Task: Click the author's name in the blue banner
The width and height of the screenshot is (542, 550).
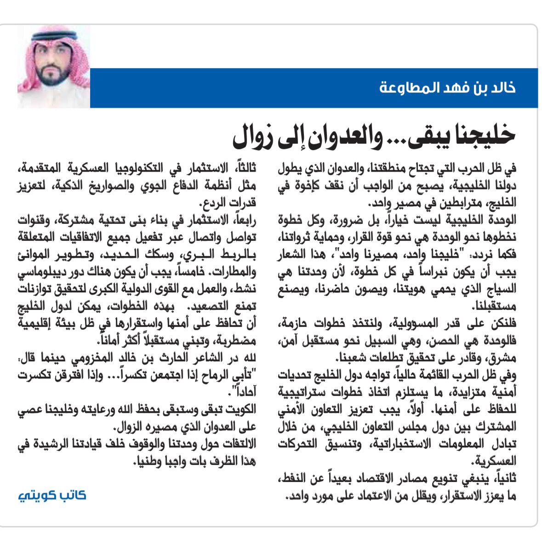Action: click(447, 87)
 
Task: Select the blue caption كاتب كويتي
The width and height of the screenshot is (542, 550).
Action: click(52, 495)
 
